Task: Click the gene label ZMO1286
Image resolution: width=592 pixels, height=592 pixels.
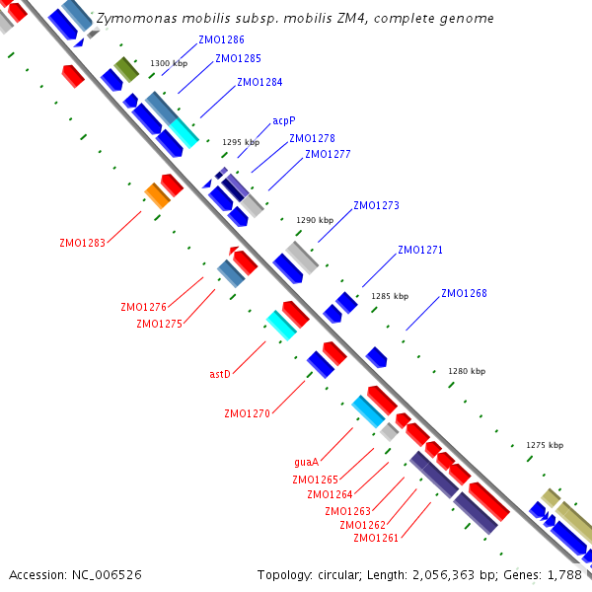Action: pyautogui.click(x=221, y=39)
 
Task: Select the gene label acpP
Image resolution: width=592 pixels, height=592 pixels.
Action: pyautogui.click(x=284, y=120)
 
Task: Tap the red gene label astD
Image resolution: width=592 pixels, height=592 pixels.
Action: pyautogui.click(x=220, y=374)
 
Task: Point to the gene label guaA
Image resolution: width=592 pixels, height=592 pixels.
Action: pyautogui.click(x=306, y=462)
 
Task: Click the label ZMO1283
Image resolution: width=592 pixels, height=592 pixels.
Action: pyautogui.click(x=82, y=243)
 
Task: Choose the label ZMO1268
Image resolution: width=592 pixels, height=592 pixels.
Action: pyautogui.click(x=464, y=293)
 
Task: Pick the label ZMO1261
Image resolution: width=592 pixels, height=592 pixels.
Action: pyautogui.click(x=376, y=538)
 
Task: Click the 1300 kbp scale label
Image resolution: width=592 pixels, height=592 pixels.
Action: pyautogui.click(x=169, y=63)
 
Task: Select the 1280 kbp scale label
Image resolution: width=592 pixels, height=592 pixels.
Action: pyautogui.click(x=467, y=371)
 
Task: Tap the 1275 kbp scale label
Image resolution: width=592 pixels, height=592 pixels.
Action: pyautogui.click(x=545, y=445)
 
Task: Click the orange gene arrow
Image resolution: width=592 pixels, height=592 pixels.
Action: pyautogui.click(x=158, y=195)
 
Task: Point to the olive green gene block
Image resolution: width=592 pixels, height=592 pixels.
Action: pyautogui.click(x=126, y=69)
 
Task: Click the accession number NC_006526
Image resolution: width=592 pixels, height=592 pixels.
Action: pyautogui.click(x=107, y=575)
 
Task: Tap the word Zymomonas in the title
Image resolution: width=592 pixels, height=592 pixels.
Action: pyautogui.click(x=137, y=19)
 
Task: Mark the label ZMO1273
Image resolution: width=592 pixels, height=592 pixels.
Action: pyautogui.click(x=376, y=205)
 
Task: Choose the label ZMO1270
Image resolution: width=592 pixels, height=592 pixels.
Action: pyautogui.click(x=248, y=413)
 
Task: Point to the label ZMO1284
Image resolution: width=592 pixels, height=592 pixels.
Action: pyautogui.click(x=259, y=82)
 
